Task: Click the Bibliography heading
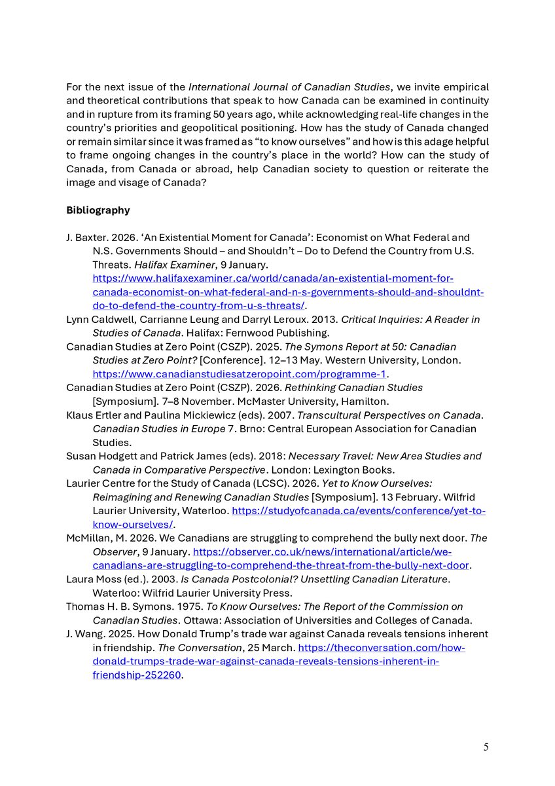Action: tap(98, 210)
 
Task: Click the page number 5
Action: tap(486, 747)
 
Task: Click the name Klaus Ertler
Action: tap(90, 415)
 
